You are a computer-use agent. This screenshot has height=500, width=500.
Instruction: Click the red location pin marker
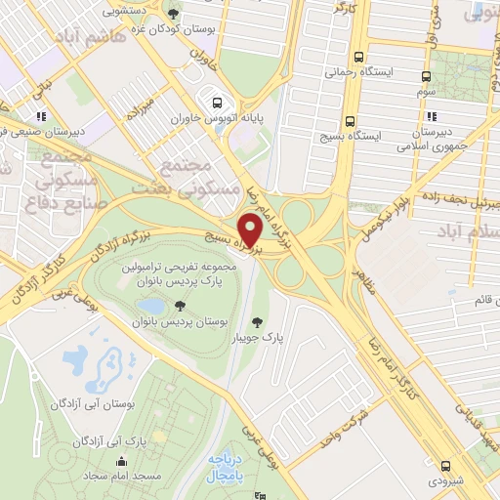[251, 230]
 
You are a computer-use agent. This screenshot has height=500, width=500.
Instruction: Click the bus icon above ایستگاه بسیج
[360, 112]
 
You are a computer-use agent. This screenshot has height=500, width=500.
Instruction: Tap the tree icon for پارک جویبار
[258, 321]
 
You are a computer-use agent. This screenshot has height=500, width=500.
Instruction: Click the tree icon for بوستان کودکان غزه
[174, 14]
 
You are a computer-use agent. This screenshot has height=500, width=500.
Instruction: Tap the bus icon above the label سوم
[426, 75]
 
